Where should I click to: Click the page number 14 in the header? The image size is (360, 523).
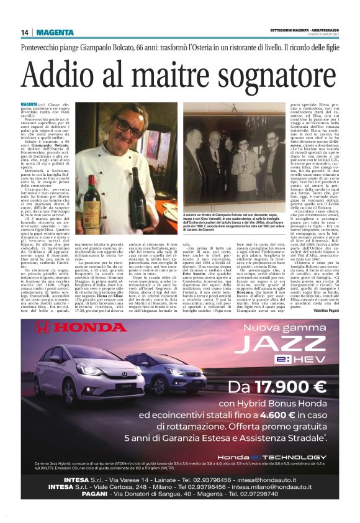[25, 32]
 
